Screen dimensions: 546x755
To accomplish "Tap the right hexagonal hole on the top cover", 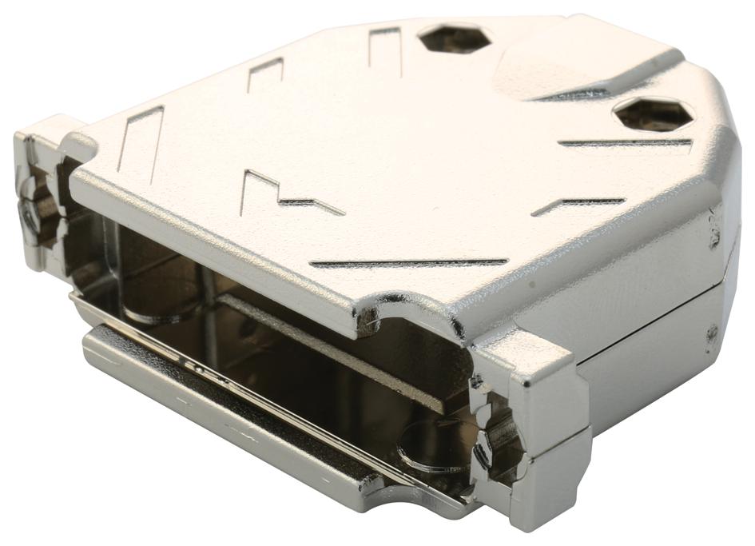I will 652,114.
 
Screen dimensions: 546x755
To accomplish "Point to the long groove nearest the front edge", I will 407,262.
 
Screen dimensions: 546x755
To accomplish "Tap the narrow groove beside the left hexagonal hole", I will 384,47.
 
